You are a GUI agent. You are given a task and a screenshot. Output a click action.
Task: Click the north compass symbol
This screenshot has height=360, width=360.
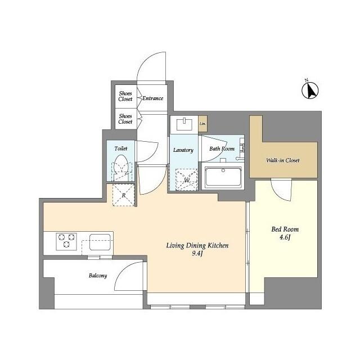pos(310,90)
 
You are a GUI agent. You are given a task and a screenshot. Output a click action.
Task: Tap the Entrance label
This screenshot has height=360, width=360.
pos(152,98)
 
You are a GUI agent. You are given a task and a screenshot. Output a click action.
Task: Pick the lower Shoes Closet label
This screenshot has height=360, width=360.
pos(125,119)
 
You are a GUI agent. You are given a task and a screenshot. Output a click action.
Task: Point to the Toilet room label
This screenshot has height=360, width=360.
pos(121,148)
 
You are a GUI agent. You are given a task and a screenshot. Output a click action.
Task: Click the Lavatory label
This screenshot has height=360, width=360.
pos(183,150)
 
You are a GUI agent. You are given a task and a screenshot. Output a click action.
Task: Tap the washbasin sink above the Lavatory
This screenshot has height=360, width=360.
pos(184,124)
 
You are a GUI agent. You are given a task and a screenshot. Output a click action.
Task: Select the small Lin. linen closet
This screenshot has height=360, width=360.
pos(202,124)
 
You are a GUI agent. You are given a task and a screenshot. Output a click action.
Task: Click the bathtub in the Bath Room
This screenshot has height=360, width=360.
pos(223,178)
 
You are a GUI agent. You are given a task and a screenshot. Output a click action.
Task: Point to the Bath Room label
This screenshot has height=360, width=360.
pos(222,149)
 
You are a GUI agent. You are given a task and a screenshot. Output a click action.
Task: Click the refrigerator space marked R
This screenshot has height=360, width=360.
pos(124,196)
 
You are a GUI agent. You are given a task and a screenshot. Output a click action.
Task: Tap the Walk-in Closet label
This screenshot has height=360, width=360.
pos(283,160)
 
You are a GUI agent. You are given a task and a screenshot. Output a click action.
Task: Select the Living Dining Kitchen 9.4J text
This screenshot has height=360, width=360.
pos(197,250)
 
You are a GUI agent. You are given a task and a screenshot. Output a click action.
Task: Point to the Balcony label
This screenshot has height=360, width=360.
pos(97,276)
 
